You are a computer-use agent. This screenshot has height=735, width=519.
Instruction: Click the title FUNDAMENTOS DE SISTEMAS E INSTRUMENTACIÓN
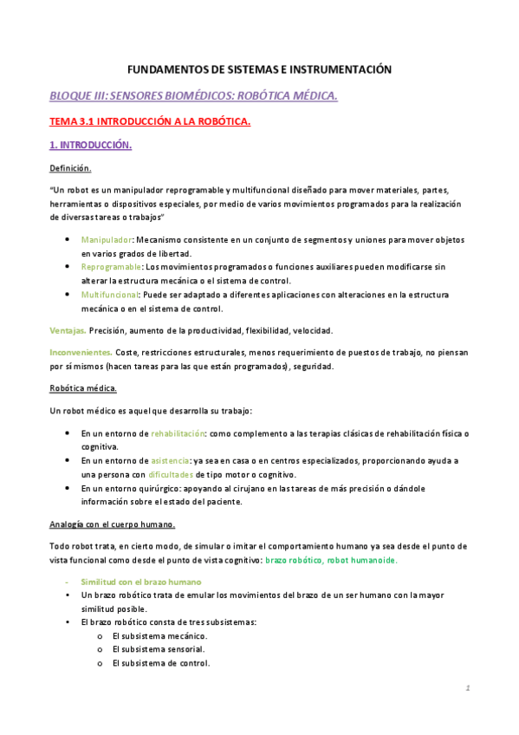pyautogui.click(x=260, y=68)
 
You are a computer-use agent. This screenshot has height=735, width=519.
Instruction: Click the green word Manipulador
pyautogui.click(x=107, y=238)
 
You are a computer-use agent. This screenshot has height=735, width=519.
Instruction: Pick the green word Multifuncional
pyautogui.click(x=109, y=295)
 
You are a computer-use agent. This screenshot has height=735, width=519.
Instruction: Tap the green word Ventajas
pyautogui.click(x=67, y=330)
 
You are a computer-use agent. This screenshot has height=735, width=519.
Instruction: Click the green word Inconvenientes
pyautogui.click(x=81, y=353)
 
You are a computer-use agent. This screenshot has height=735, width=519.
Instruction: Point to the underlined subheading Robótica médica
pyautogui.click(x=83, y=387)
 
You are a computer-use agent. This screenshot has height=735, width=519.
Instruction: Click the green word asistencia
pyautogui.click(x=172, y=460)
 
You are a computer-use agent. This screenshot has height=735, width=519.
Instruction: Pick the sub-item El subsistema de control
pyautogui.click(x=161, y=663)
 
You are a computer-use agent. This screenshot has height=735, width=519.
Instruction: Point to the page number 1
pyautogui.click(x=466, y=688)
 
